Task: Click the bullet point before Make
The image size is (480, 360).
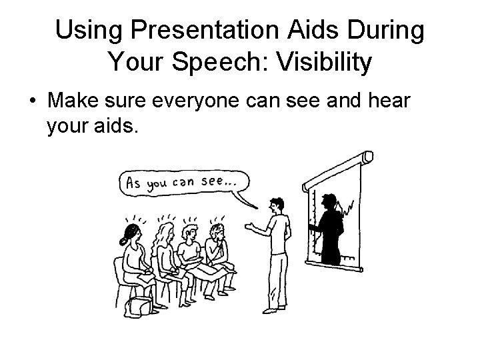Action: (x=32, y=101)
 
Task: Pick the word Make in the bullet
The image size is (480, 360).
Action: (x=74, y=101)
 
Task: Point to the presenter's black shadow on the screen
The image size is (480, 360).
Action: (x=329, y=227)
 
